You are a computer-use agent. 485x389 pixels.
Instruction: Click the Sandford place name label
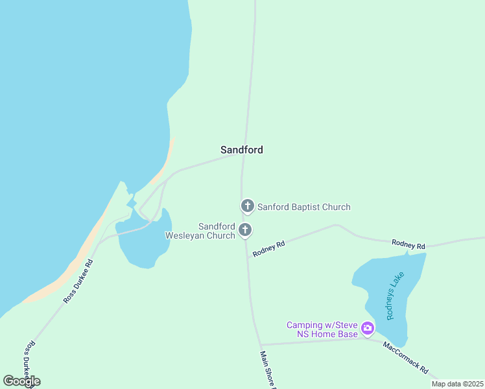click(x=241, y=150)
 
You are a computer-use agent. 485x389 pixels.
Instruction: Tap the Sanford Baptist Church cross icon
click(x=247, y=206)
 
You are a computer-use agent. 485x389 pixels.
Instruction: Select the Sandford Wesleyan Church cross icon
click(x=245, y=229)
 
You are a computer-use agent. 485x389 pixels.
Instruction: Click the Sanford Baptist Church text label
click(x=303, y=207)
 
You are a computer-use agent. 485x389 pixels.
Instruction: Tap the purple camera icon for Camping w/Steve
click(x=368, y=328)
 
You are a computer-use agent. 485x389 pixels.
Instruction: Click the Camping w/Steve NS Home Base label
click(x=322, y=329)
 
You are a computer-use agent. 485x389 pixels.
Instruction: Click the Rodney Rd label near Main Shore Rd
click(x=269, y=249)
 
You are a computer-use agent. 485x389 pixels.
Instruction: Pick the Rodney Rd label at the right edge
click(x=408, y=245)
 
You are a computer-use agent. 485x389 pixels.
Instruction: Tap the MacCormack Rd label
click(x=405, y=357)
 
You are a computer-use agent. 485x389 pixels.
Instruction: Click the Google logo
click(x=21, y=381)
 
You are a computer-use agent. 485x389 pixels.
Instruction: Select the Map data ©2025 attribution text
click(x=458, y=384)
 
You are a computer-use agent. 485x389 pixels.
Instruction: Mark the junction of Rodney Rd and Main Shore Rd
click(x=247, y=257)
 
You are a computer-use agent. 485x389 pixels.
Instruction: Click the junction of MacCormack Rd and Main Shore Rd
click(x=259, y=344)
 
